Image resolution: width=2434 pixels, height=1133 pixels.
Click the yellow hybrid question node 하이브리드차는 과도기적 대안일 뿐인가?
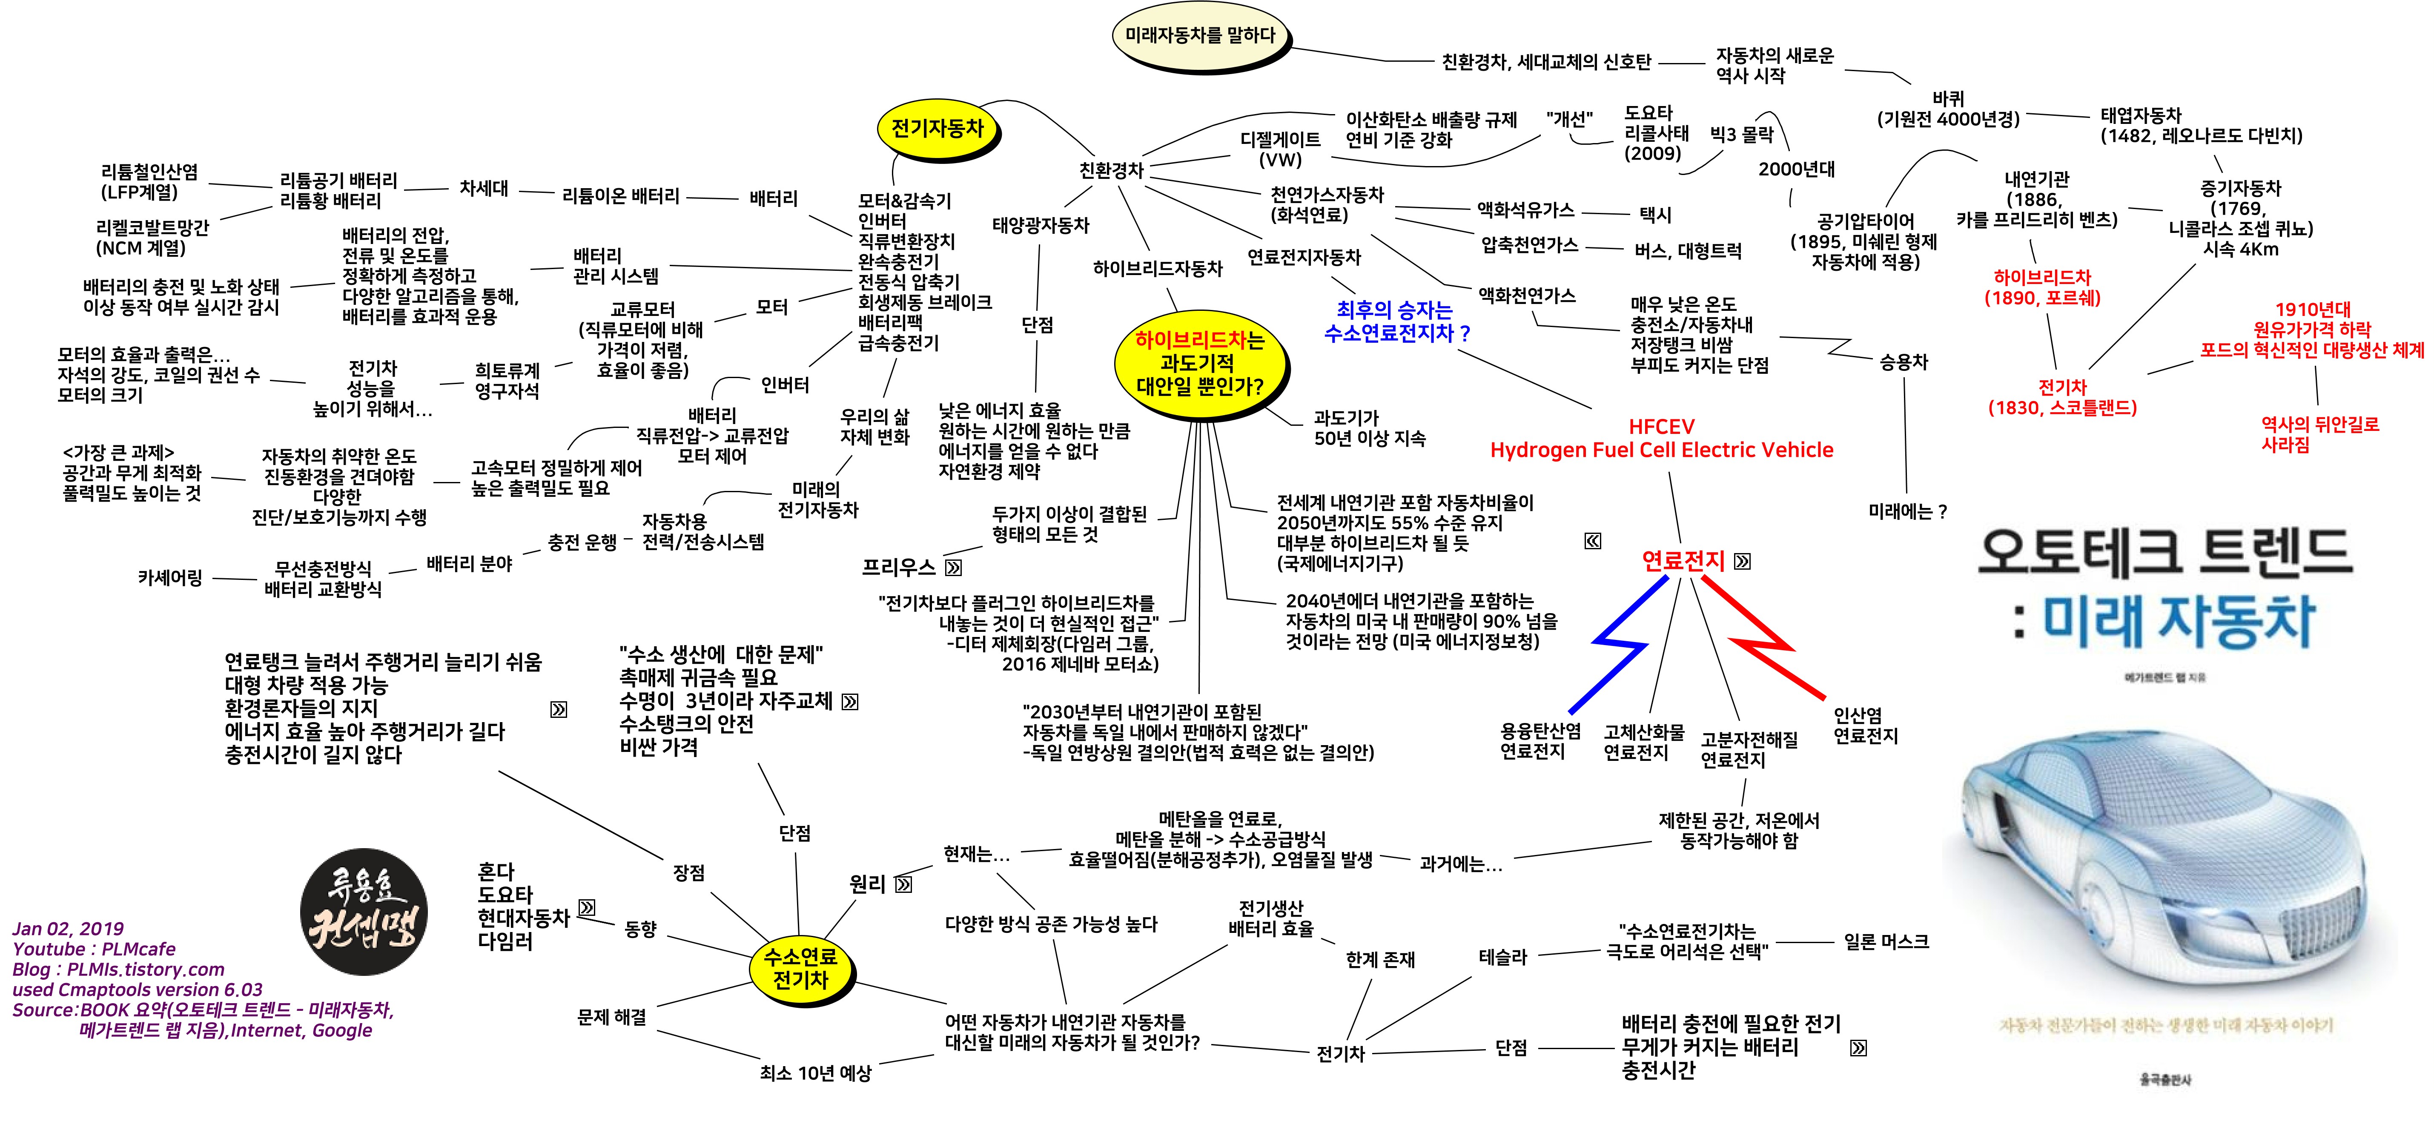[1199, 363]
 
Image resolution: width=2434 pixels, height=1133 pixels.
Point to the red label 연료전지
[1683, 561]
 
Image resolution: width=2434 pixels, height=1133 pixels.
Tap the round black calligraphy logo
[364, 912]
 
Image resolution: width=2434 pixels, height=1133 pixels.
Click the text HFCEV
[1661, 426]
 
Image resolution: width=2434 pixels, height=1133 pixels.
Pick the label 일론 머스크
[1886, 942]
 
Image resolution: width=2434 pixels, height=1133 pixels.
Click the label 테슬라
[1502, 957]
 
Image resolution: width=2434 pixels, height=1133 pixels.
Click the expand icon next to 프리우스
[953, 568]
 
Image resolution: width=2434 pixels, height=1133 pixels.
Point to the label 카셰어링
[170, 577]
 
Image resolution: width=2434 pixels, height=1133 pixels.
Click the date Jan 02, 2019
[68, 929]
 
